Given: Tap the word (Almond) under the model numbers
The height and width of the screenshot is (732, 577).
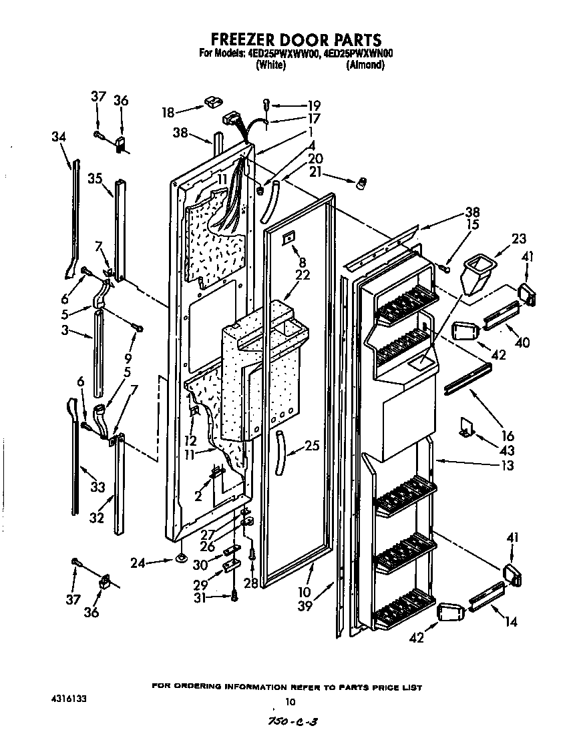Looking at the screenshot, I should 365,65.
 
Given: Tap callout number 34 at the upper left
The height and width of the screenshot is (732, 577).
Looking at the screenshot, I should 59,136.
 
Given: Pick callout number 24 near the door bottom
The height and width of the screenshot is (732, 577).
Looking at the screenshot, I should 138,562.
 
